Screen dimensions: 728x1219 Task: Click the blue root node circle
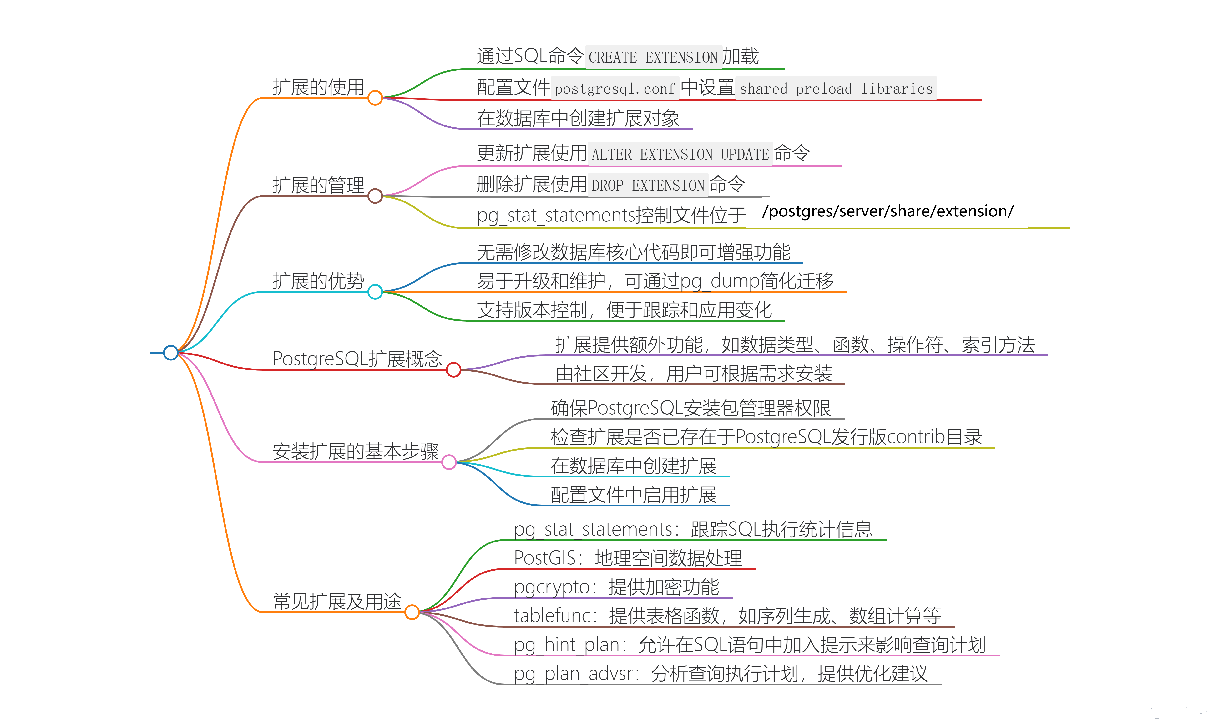[171, 352]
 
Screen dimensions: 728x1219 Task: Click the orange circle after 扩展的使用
[375, 98]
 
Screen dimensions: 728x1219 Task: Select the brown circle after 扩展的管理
[375, 196]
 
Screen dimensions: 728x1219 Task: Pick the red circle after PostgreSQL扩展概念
[454, 369]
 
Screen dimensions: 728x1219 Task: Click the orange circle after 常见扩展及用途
[412, 612]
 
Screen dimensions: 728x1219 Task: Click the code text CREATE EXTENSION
[653, 57]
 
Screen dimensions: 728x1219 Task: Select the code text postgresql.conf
[615, 89]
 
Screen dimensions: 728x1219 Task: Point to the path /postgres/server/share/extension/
[888, 211]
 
